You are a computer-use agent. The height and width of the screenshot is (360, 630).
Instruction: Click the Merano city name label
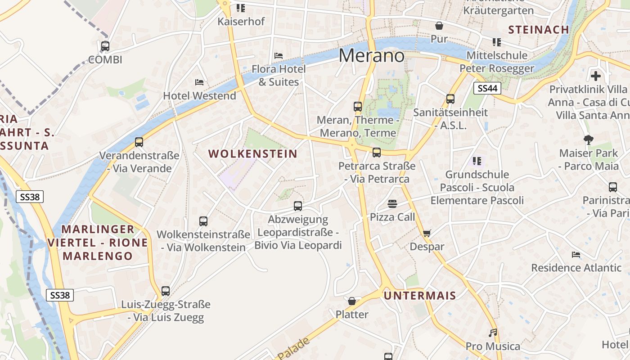[371, 55]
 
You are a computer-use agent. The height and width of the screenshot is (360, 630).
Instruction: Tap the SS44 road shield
[487, 88]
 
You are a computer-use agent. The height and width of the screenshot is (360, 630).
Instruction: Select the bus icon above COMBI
[105, 46]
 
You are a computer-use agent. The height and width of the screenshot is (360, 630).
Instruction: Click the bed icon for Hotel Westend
[199, 82]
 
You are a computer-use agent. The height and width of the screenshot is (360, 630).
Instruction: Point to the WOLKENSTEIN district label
[253, 154]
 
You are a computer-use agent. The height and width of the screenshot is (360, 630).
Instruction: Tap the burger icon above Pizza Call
[392, 204]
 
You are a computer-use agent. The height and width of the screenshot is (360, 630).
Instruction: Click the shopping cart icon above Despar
[427, 233]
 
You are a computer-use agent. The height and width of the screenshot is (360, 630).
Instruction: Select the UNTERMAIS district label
[420, 296]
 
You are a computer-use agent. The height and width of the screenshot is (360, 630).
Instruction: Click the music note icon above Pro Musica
[493, 333]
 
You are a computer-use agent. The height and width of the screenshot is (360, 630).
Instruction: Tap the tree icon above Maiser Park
[588, 140]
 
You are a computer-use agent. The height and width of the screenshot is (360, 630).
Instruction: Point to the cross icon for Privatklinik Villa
[596, 76]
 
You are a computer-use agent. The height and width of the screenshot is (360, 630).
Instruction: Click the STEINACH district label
[539, 30]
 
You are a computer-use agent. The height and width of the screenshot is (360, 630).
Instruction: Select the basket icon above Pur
[439, 26]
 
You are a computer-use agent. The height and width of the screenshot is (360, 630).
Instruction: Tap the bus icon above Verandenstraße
[139, 142]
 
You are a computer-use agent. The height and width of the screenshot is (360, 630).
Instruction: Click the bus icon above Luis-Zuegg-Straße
[166, 291]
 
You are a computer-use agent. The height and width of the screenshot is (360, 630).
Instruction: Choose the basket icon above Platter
[352, 301]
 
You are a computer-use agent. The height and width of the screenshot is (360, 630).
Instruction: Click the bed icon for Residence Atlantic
[576, 255]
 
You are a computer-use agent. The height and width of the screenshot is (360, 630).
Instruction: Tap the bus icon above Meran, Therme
[358, 107]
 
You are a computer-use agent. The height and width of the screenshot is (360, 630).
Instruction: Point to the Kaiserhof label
[241, 21]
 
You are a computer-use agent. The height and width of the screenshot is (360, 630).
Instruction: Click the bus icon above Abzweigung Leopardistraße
[298, 206]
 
